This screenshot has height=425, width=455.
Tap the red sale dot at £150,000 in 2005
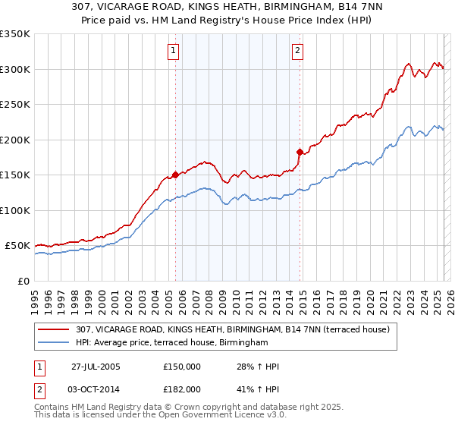pos(176,175)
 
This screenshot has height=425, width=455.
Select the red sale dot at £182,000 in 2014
pos(300,152)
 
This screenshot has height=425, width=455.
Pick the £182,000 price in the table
pos(182,389)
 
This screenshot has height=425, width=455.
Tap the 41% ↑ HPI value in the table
pos(258,389)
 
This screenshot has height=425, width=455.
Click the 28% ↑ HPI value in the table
pos(258,367)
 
